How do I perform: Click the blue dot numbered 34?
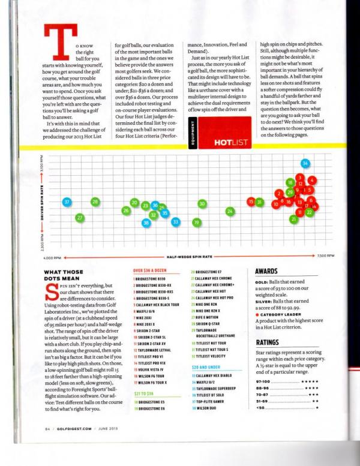pyautogui.click(x=305, y=163)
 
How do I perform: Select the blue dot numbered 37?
pyautogui.click(x=67, y=202)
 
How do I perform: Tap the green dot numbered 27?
pyautogui.click(x=80, y=217)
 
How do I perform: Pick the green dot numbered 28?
pyautogui.click(x=95, y=202)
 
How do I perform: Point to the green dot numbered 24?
pyautogui.click(x=230, y=211)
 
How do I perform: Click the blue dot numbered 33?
pyautogui.click(x=176, y=222)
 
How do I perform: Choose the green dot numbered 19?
pyautogui.click(x=196, y=223)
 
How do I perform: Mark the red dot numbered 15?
pyautogui.click(x=251, y=202)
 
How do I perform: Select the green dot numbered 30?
pyautogui.click(x=202, y=204)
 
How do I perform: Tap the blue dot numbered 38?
pyautogui.click(x=146, y=223)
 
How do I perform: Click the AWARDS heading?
pyautogui.click(x=266, y=272)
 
